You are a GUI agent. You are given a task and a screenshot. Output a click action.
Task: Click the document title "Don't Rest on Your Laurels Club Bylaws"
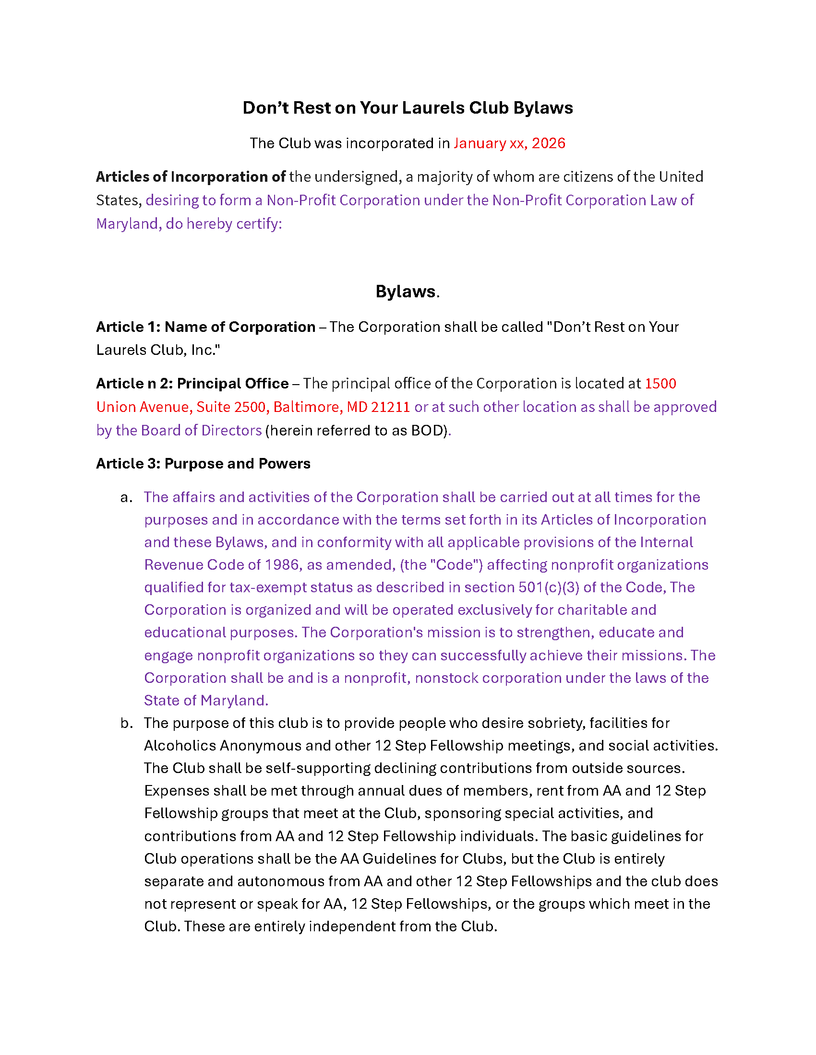click(x=408, y=108)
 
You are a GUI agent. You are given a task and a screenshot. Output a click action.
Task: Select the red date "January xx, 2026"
click(x=509, y=143)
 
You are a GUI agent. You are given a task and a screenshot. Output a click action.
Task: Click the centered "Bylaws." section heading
click(x=408, y=292)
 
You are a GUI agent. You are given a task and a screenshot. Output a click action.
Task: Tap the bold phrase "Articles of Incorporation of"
click(x=191, y=177)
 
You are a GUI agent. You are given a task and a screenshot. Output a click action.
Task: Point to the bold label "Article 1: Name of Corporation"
click(x=205, y=327)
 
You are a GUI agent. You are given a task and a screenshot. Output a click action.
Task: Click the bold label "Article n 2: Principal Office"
click(x=192, y=384)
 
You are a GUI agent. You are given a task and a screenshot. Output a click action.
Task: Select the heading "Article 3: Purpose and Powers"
click(x=203, y=464)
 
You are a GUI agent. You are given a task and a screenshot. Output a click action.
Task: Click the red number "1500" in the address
click(x=660, y=384)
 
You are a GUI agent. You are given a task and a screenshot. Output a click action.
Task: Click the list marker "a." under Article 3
click(x=126, y=498)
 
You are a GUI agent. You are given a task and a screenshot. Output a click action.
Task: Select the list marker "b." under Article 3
click(x=126, y=723)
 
